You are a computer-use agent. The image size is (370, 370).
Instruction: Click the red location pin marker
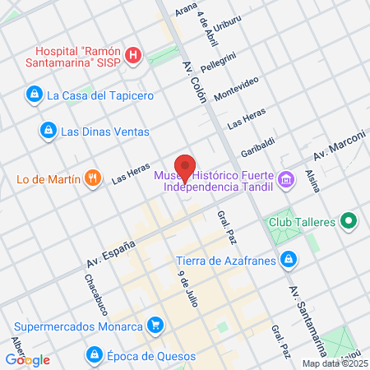tap(185, 167)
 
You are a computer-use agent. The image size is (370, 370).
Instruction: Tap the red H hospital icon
tap(135, 55)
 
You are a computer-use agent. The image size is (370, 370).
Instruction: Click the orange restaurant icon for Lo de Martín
tap(95, 177)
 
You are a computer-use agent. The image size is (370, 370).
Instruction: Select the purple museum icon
tap(285, 178)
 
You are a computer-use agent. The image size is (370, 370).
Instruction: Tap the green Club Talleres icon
tap(348, 220)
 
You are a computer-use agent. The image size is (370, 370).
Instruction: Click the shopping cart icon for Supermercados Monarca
tap(154, 324)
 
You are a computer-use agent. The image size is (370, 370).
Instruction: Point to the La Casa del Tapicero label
tap(99, 95)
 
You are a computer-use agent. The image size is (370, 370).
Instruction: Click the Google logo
tap(28, 359)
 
